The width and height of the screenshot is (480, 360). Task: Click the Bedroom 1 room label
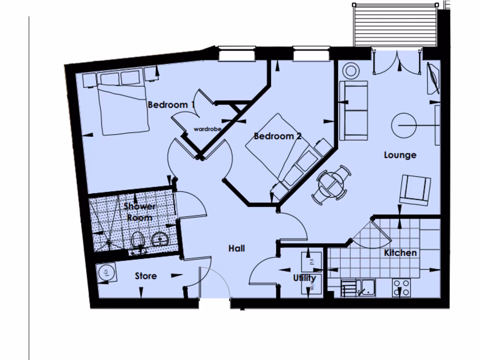click(x=171, y=105)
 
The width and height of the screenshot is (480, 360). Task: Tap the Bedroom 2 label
click(x=277, y=136)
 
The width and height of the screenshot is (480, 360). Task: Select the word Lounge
click(x=400, y=155)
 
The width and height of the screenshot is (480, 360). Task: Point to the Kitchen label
click(x=400, y=253)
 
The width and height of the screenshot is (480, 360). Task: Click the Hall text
click(x=237, y=248)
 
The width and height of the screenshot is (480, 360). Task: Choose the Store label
click(x=146, y=276)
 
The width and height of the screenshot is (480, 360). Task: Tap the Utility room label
click(x=305, y=278)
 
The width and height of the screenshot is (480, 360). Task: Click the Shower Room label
click(x=139, y=212)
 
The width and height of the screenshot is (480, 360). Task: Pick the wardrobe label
click(x=207, y=129)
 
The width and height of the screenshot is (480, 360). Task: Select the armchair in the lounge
click(x=415, y=190)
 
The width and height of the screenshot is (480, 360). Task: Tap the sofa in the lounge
click(x=353, y=111)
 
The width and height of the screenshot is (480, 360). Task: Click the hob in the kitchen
click(x=401, y=287)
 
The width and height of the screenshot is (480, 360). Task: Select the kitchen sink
click(x=366, y=287)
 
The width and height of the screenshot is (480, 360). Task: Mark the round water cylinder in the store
click(x=106, y=272)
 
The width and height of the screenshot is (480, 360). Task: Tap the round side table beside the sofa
click(x=351, y=71)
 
